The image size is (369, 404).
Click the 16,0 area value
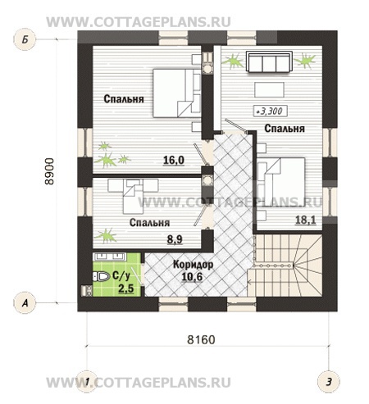point(174,161)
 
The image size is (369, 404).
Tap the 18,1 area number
point(306,220)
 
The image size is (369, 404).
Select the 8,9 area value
point(175,239)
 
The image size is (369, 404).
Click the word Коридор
point(194,265)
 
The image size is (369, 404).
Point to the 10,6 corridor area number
point(192,277)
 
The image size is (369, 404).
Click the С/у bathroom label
point(121,276)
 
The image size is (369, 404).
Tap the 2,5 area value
point(126,288)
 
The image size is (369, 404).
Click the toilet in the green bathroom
point(100,276)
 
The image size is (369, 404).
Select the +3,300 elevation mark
point(270,111)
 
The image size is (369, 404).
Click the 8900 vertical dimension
point(50,171)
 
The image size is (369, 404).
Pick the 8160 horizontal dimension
point(201,339)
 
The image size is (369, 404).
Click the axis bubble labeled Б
point(25,39)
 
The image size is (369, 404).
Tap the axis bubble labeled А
point(25,302)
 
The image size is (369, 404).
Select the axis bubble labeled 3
point(329,382)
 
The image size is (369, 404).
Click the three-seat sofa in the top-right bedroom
point(269,61)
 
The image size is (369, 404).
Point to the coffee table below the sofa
point(270,89)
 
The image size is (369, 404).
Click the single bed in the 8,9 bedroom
point(133,196)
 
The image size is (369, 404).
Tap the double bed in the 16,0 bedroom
point(177,93)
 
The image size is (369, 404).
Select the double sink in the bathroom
point(109,256)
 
